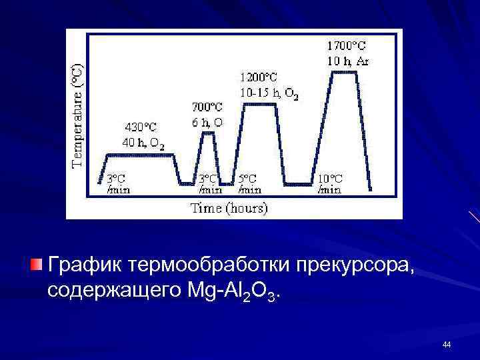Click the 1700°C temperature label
pos(346,46)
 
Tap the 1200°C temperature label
pos(259,78)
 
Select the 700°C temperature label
pos(207,107)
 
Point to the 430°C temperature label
pos(140,127)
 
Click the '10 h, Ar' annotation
pos(348,61)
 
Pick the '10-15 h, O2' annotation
pos(269,93)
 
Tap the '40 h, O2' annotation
pos(143,142)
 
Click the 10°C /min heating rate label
pos(330,184)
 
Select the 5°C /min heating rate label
pos(249,184)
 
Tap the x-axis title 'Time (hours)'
pos(229,209)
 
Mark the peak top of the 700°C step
pos(208,133)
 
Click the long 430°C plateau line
pos(140,155)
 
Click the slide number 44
pos(446,345)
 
